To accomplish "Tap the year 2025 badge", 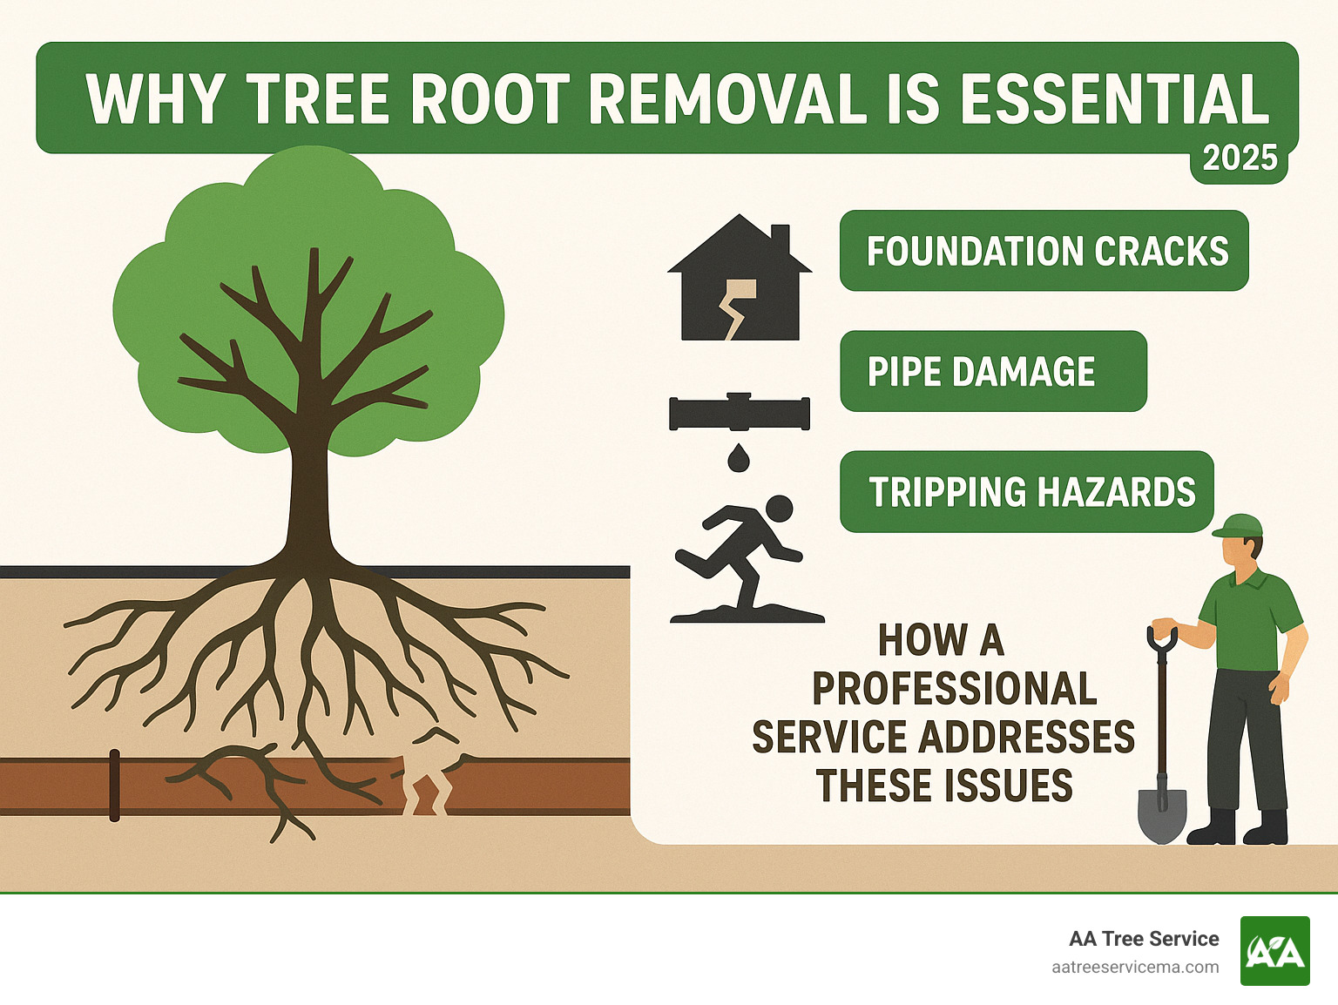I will coord(1240,159).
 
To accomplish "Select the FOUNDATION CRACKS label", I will coord(1044,251).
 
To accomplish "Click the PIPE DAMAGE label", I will coord(992,371).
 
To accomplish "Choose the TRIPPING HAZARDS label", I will coord(1026,492).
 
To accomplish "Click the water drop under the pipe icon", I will coord(739,457).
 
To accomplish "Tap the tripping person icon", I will coord(746,557).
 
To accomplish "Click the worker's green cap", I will coord(1240,525).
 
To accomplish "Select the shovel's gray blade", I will coord(1162,814).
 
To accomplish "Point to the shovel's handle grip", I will coord(1162,637).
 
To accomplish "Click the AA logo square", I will coord(1274,951).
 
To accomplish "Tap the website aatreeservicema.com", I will coord(1135,967).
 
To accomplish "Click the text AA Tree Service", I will coord(1144,939).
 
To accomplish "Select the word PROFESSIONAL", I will coord(954,689).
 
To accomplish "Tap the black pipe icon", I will coord(740,413).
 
